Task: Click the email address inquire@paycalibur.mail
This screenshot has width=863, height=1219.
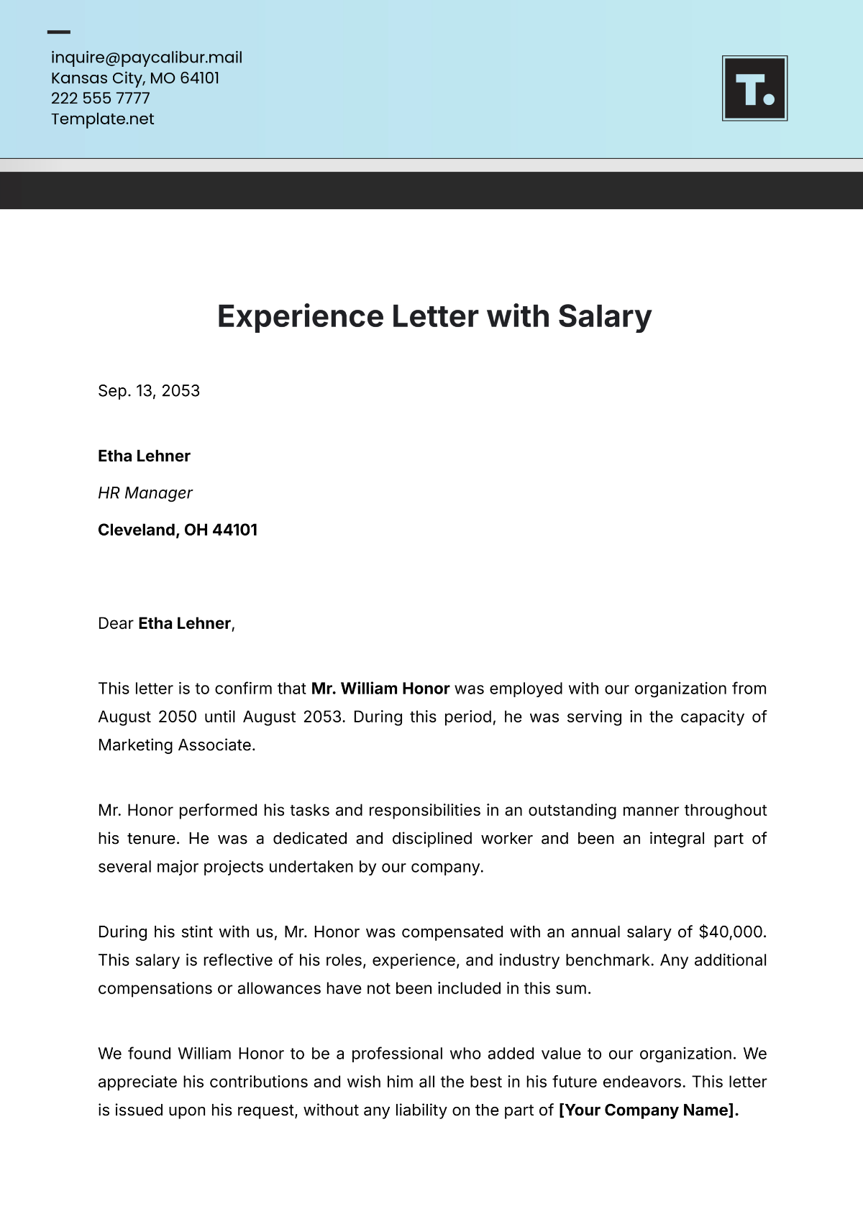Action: click(x=146, y=57)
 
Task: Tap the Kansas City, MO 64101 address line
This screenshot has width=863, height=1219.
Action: click(x=134, y=78)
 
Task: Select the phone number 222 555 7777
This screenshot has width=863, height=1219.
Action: click(x=100, y=98)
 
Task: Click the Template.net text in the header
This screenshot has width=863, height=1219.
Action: click(x=102, y=119)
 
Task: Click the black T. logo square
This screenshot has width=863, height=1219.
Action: click(x=754, y=88)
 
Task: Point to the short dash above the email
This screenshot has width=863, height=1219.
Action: click(x=58, y=32)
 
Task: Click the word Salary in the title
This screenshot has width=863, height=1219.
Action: click(x=604, y=316)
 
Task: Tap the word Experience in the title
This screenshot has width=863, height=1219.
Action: click(x=300, y=316)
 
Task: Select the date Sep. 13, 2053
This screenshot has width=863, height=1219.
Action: click(x=148, y=390)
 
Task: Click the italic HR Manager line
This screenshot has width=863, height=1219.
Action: click(x=145, y=492)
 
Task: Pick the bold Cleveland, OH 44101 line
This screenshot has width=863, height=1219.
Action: click(x=177, y=530)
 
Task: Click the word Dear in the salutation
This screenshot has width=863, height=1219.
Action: click(x=115, y=623)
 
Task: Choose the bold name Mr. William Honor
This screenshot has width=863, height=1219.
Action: click(x=380, y=688)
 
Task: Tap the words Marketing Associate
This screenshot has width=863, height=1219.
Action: click(x=175, y=745)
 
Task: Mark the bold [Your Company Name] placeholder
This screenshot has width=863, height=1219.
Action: click(x=647, y=1110)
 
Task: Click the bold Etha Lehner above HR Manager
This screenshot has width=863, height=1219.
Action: click(x=144, y=456)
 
